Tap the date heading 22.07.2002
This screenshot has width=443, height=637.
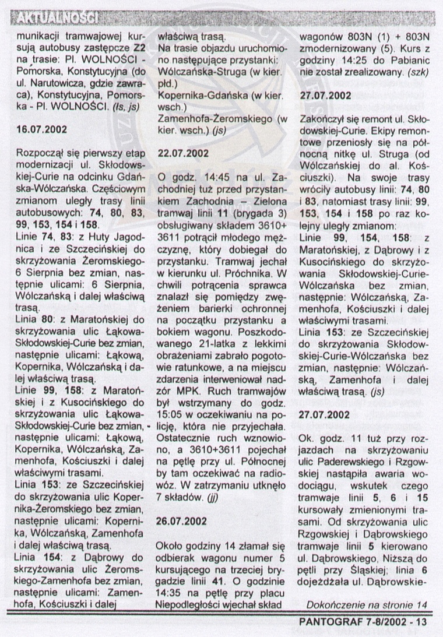pos(179,153)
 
